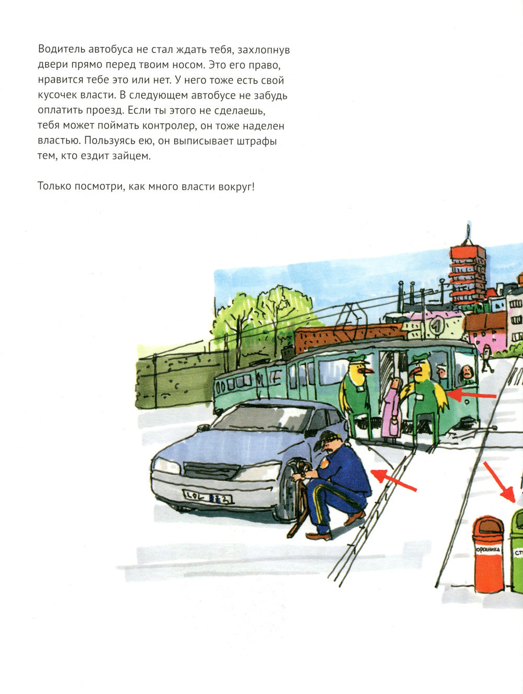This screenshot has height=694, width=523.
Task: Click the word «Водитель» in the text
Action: pyautogui.click(x=61, y=50)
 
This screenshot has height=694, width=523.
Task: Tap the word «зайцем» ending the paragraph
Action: pyautogui.click(x=131, y=156)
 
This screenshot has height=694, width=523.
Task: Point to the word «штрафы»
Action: pyautogui.click(x=257, y=141)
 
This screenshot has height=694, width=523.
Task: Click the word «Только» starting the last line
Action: pyautogui.click(x=54, y=186)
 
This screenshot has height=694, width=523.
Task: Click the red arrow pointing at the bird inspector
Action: pyautogui.click(x=472, y=395)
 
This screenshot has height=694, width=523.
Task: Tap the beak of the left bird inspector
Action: pyautogui.click(x=368, y=370)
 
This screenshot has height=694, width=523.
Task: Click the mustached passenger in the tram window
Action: pyautogui.click(x=466, y=373)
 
